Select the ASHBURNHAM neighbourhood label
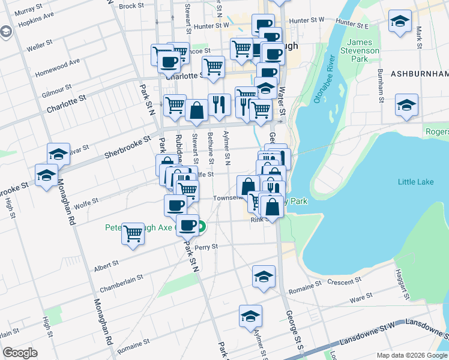pyautogui.click(x=420, y=74)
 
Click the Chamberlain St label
pyautogui.click(x=121, y=281)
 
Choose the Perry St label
pyautogui.click(x=205, y=247)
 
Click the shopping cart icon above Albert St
pyautogui.click(x=133, y=234)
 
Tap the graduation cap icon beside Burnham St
pyautogui.click(x=406, y=106)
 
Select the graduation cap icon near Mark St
pyautogui.click(x=399, y=22)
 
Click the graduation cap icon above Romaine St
pyautogui.click(x=263, y=277)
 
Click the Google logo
pyautogui.click(x=20, y=353)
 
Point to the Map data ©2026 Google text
pyautogui.click(x=411, y=355)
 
